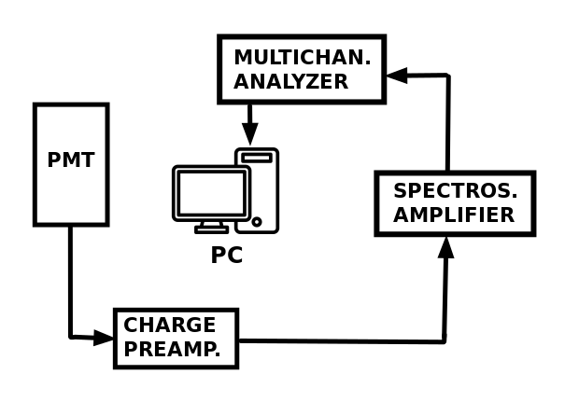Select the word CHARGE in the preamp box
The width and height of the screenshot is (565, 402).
(170, 326)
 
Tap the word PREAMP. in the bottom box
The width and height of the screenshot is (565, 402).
(172, 351)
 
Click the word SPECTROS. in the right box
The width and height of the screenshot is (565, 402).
(455, 191)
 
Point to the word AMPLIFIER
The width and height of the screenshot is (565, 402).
(454, 215)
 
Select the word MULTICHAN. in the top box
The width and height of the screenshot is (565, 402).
(302, 58)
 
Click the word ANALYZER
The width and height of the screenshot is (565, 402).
(290, 82)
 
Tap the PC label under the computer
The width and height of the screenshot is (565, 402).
(226, 256)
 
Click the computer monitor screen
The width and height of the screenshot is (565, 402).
(211, 193)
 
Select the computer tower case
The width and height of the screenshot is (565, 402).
(257, 191)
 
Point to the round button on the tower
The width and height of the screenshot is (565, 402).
(257, 222)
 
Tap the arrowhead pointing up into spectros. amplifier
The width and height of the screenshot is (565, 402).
(446, 247)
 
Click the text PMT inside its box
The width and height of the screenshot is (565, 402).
(71, 160)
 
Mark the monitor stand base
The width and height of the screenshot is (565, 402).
(212, 229)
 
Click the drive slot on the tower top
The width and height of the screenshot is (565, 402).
(257, 159)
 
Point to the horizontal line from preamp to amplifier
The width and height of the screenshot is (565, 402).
(341, 340)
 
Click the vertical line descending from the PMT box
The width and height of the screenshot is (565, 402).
(70, 280)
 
